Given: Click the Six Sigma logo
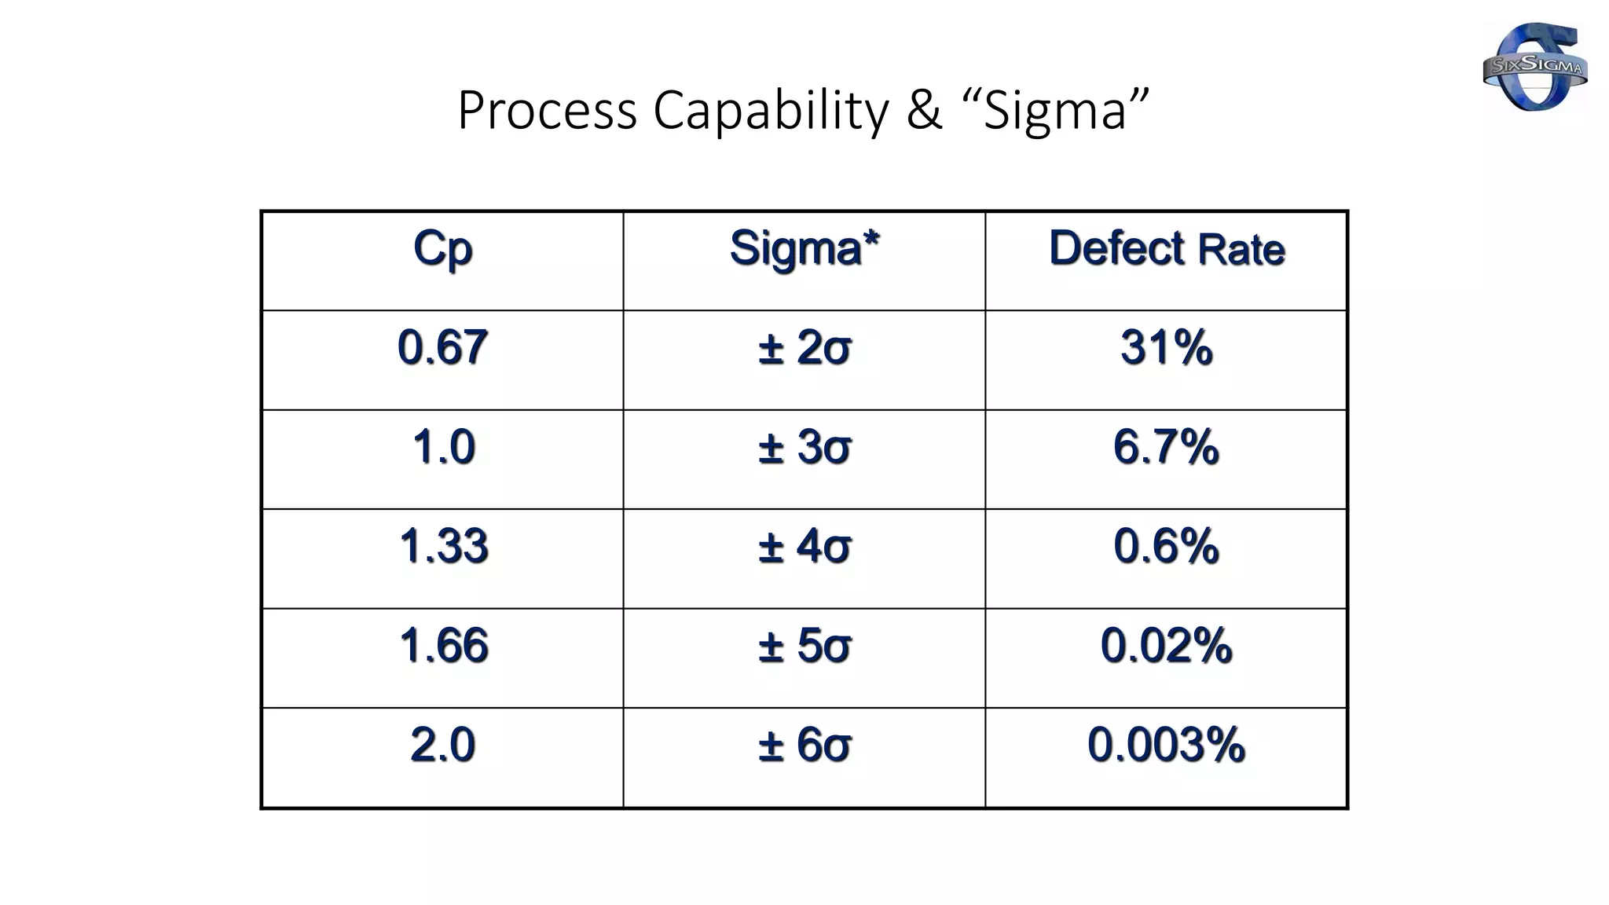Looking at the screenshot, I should point(1534,67).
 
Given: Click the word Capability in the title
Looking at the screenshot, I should point(771,110).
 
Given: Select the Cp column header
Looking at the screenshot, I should point(442,250).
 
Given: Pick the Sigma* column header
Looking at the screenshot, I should point(804,249).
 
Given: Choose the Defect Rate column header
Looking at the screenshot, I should point(1166,249).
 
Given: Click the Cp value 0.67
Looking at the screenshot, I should point(442,347).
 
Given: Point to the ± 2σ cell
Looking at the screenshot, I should point(804,347).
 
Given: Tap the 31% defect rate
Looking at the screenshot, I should point(1166,347).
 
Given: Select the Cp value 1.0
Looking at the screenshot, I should point(443,447).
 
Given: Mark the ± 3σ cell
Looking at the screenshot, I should point(804,447).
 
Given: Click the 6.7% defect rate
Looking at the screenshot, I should point(1166,447).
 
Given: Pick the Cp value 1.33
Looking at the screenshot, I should point(443,546).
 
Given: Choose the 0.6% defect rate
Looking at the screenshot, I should point(1166,546).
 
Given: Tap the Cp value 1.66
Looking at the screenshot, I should point(443,646).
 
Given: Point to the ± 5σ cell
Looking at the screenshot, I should point(804,646).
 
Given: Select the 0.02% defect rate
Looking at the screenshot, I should point(1166,646).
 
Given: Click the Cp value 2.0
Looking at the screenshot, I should point(443,745).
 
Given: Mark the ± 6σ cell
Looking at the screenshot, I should point(804,745).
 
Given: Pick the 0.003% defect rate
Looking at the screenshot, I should point(1166,745).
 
